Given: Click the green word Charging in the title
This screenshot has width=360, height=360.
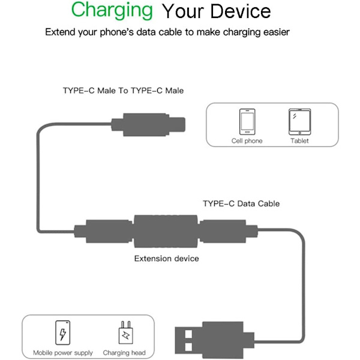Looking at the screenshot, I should [112, 10].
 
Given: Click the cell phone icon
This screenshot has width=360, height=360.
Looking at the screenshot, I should [247, 122].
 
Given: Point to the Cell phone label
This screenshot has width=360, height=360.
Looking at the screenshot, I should [247, 141].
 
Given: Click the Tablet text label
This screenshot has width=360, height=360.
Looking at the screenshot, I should [300, 141].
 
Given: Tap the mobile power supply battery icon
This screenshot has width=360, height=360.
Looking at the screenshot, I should [62, 332].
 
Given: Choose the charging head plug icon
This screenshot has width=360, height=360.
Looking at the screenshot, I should [125, 332].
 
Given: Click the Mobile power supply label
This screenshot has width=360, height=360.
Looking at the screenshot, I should [63, 353].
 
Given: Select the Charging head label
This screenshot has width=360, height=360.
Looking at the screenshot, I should [124, 353].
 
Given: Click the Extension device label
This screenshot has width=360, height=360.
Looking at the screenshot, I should [166, 259].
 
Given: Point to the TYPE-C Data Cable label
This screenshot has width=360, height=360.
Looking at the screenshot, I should [241, 203].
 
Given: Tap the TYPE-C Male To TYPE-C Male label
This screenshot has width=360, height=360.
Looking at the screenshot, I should [123, 91].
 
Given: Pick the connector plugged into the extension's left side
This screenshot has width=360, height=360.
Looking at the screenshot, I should [102, 232].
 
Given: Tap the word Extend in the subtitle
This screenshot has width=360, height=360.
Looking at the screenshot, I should [59, 32].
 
